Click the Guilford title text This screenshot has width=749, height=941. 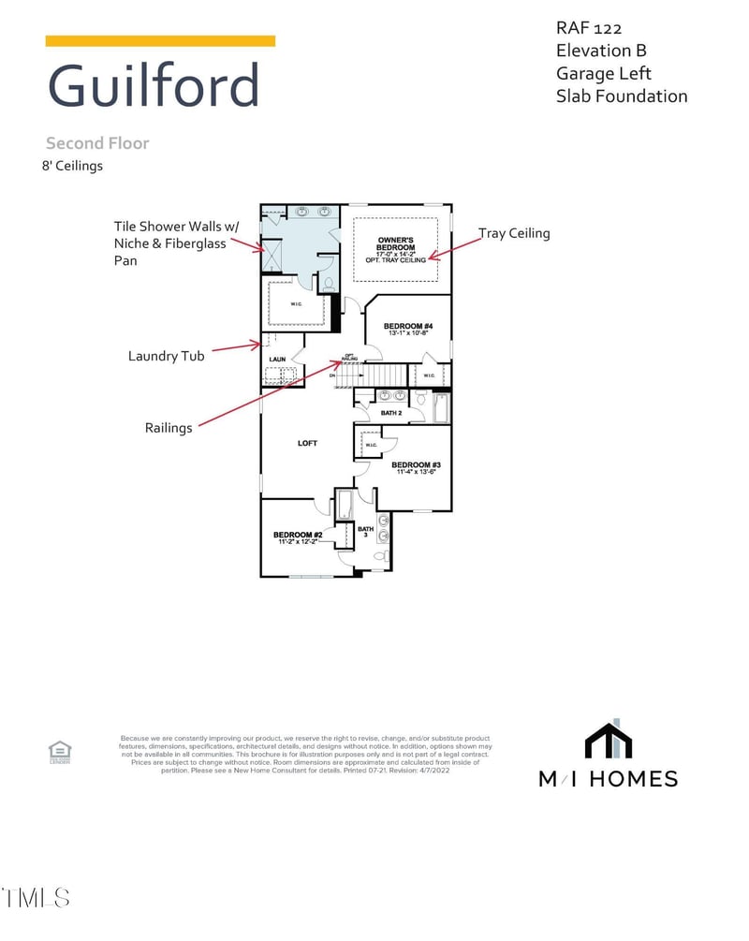tap(153, 86)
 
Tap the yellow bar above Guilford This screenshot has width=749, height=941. tap(160, 41)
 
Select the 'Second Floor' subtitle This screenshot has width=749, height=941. tap(97, 143)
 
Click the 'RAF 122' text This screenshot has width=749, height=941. tap(589, 29)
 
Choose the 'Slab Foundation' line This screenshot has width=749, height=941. tap(622, 96)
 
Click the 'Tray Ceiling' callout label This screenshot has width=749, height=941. tap(514, 233)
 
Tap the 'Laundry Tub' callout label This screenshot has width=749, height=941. tap(168, 356)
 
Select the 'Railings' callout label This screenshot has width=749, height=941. tap(169, 427)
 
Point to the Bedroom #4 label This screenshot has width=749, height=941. tap(408, 327)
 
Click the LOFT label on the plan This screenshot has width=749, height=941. tap(308, 443)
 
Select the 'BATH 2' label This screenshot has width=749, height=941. tap(391, 412)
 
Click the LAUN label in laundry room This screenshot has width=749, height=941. tap(278, 359)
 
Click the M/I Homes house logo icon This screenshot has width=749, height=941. tap(609, 740)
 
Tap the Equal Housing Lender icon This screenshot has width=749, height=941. tap(60, 751)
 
